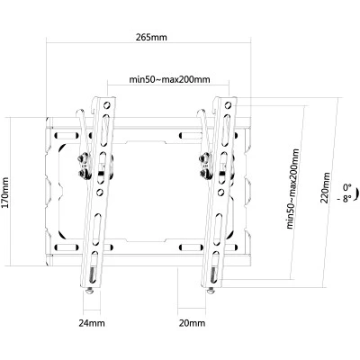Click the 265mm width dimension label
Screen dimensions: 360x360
[151, 38]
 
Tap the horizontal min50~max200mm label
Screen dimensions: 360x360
[169, 79]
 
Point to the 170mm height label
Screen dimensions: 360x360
[4, 193]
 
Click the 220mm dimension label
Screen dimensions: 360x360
[325, 187]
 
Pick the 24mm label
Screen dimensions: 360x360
[92, 323]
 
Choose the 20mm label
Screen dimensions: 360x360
[192, 323]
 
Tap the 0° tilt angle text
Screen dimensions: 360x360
[347, 188]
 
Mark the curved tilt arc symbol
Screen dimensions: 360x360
[357, 194]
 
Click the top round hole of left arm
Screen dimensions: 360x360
[106, 105]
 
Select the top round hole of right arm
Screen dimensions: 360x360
[228, 105]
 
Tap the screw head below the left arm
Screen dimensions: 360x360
[89, 292]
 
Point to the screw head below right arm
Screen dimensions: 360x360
[211, 292]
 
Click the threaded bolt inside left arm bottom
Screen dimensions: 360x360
[93, 274]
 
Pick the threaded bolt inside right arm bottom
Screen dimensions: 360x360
[213, 274]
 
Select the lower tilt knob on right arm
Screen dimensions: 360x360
[205, 173]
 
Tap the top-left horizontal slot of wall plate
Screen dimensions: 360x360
[67, 135]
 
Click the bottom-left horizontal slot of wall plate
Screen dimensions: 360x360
[67, 247]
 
